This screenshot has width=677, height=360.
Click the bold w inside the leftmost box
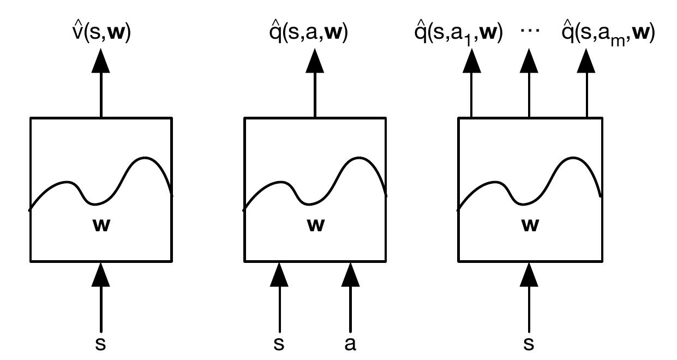pos(101,225)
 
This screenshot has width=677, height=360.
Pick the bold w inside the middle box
pos(315,225)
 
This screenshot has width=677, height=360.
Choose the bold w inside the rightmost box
pos(529,225)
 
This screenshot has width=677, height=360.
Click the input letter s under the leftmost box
pos(101,344)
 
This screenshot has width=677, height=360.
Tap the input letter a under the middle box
pos(350,344)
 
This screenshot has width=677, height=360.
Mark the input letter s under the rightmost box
pos(529,344)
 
